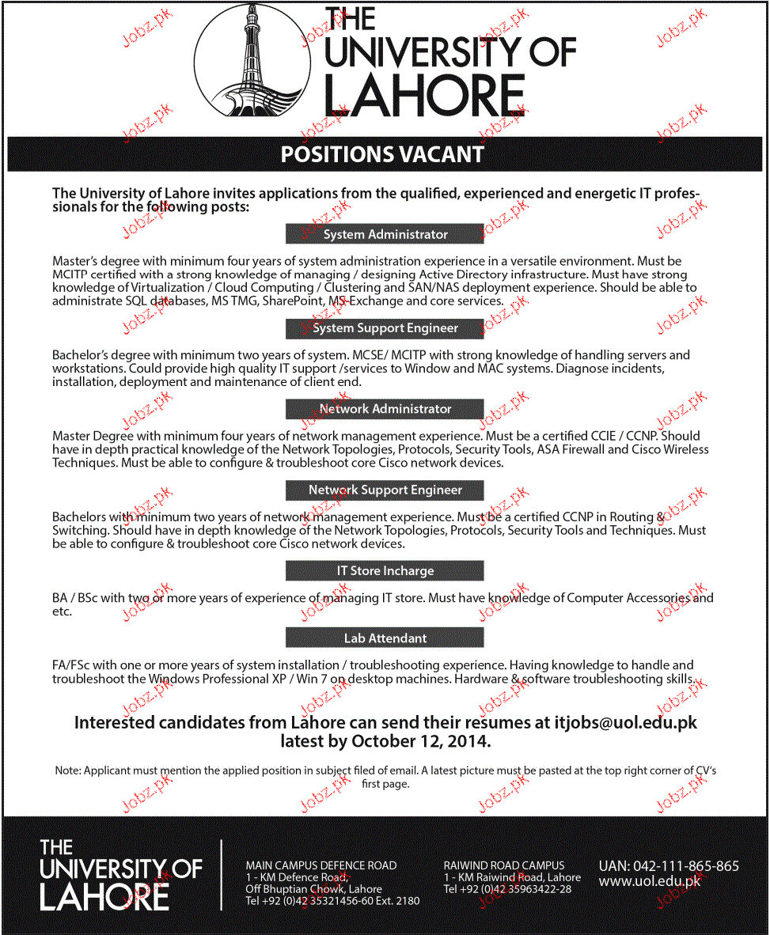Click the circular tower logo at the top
click(x=254, y=62)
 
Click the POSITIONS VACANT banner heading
click(x=382, y=153)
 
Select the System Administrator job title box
click(x=385, y=234)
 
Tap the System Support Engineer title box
click(x=385, y=327)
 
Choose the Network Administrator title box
click(x=385, y=409)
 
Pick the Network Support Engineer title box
click(x=385, y=490)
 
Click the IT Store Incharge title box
click(x=385, y=570)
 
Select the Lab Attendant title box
click(x=385, y=638)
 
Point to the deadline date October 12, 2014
click(x=420, y=742)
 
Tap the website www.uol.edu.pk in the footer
click(x=649, y=881)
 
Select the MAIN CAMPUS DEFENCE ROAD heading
click(x=321, y=865)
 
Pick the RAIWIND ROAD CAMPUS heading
click(x=504, y=865)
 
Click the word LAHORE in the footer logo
click(x=104, y=897)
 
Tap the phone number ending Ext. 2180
click(x=332, y=901)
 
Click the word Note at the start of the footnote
click(x=66, y=770)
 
